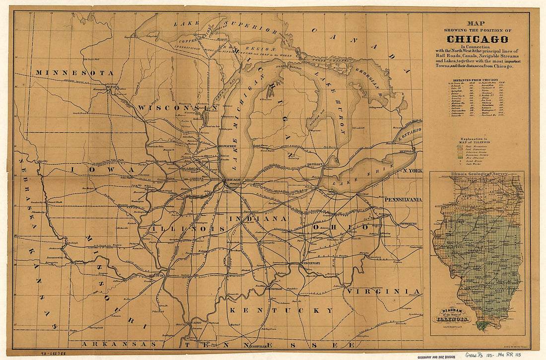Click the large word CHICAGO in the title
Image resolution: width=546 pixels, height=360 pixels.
[x=477, y=39]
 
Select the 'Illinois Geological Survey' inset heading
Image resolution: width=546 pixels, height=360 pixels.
[x=477, y=174]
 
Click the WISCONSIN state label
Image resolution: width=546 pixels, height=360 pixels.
[x=178, y=108]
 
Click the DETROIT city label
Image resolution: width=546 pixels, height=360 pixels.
[x=315, y=164]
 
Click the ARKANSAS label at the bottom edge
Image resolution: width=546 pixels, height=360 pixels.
[x=119, y=344]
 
